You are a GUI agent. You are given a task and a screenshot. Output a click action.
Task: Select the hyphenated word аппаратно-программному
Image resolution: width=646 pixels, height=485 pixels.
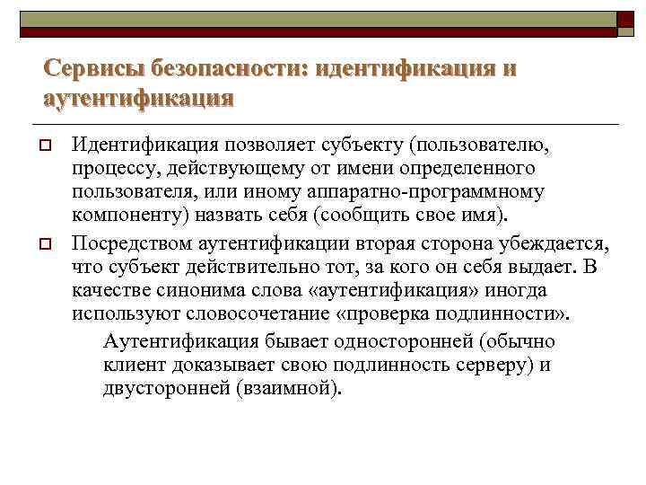[435, 192]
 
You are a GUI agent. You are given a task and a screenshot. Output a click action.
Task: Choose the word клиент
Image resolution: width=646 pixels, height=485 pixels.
[132, 364]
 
